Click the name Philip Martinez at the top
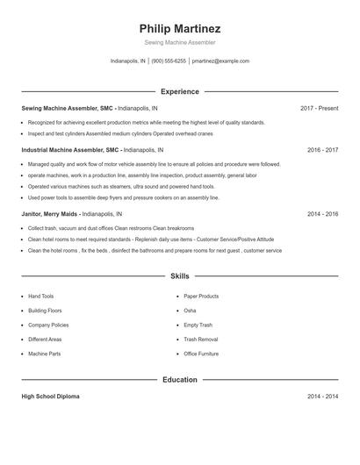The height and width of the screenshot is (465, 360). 179,28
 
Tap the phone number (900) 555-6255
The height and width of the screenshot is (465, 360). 169,61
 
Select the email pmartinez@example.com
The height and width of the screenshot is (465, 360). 220,61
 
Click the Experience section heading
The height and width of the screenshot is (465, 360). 179,91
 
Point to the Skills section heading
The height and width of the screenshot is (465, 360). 179,275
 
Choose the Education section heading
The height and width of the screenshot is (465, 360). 179,379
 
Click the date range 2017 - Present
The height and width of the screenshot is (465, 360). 319,108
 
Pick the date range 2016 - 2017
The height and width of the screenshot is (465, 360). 323,150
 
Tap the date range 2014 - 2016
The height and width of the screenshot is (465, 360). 323,213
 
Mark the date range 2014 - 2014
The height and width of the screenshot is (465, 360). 323,397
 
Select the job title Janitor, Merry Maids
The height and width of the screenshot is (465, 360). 50,213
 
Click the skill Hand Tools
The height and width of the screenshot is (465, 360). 40,297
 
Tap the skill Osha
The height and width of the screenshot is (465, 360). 190,311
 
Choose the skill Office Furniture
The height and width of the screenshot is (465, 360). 201,354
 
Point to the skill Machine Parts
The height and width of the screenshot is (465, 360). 44,354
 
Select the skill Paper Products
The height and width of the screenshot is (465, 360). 201,297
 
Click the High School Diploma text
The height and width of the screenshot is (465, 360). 50,397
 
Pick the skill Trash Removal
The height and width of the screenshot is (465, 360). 200,339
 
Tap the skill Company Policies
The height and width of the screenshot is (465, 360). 48,325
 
